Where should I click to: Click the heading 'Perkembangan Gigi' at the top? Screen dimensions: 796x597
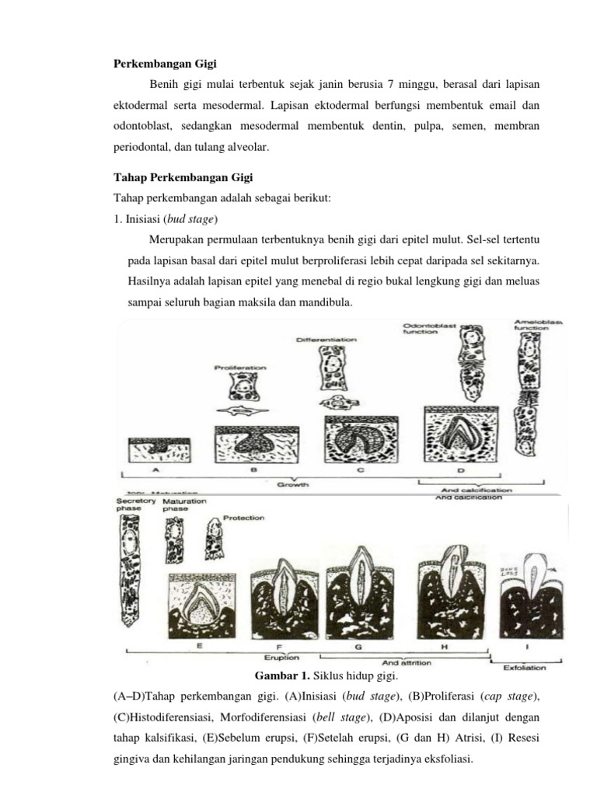[x=161, y=63]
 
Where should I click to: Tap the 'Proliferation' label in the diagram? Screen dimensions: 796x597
[x=240, y=366]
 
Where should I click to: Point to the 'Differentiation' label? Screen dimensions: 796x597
[x=327, y=340]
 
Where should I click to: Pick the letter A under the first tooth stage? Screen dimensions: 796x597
[x=155, y=470]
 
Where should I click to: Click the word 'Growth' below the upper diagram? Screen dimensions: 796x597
[x=293, y=484]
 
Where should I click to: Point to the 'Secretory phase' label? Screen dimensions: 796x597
[x=135, y=505]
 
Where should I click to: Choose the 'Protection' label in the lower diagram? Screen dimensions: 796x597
[x=243, y=517]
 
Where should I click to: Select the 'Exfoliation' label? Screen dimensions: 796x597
[x=524, y=666]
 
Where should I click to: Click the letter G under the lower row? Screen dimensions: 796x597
[x=358, y=646]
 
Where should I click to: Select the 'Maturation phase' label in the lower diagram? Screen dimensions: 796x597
[x=185, y=505]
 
